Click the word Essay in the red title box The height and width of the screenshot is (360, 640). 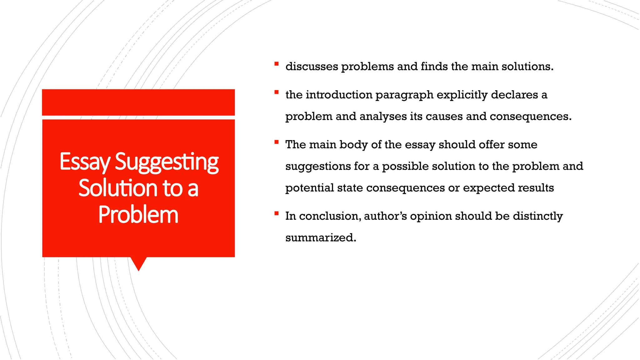click(85, 162)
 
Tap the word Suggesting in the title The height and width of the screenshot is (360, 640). click(167, 162)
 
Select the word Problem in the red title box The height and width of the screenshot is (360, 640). click(138, 215)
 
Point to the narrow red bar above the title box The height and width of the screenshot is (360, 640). click(138, 102)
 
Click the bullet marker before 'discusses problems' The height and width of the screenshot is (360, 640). click(276, 64)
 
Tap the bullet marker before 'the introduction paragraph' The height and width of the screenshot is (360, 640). click(276, 92)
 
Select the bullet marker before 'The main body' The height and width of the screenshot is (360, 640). click(276, 142)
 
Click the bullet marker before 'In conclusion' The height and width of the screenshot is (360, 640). click(276, 214)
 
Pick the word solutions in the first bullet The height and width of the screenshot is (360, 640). click(527, 67)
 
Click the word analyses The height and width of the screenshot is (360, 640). click(383, 117)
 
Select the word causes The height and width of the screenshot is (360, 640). click(444, 117)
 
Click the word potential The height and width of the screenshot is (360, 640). click(309, 188)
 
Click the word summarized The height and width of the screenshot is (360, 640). click(320, 238)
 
